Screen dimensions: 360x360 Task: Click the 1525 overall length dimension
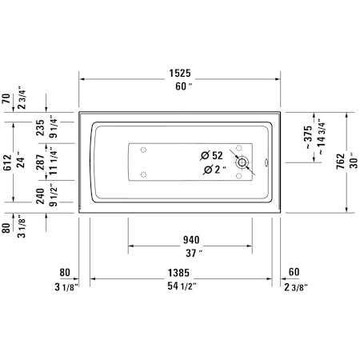point(180,73)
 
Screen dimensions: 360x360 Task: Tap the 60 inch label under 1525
point(183,86)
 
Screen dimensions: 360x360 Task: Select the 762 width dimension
point(341,161)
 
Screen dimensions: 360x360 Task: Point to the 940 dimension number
point(191,240)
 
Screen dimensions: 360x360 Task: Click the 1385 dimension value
point(178,273)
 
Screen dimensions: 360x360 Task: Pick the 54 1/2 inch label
point(182,286)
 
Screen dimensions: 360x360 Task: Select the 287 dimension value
point(40,162)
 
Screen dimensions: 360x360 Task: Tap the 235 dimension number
point(40,128)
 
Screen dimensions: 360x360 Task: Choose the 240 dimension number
point(40,196)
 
